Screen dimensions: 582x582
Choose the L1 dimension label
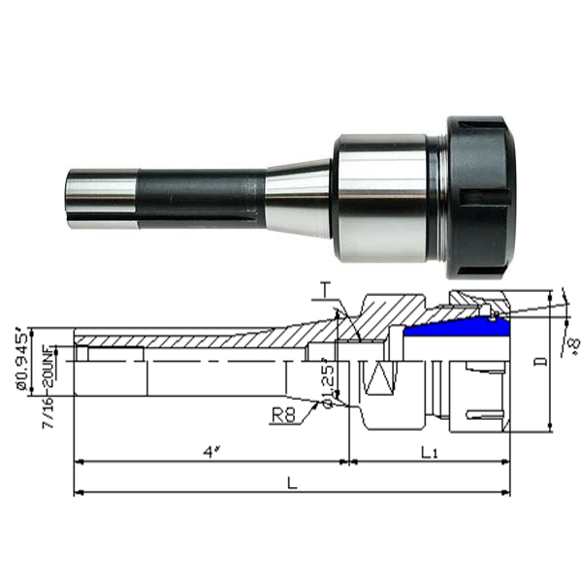[430, 451]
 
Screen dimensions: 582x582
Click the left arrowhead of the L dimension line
[79, 493]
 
